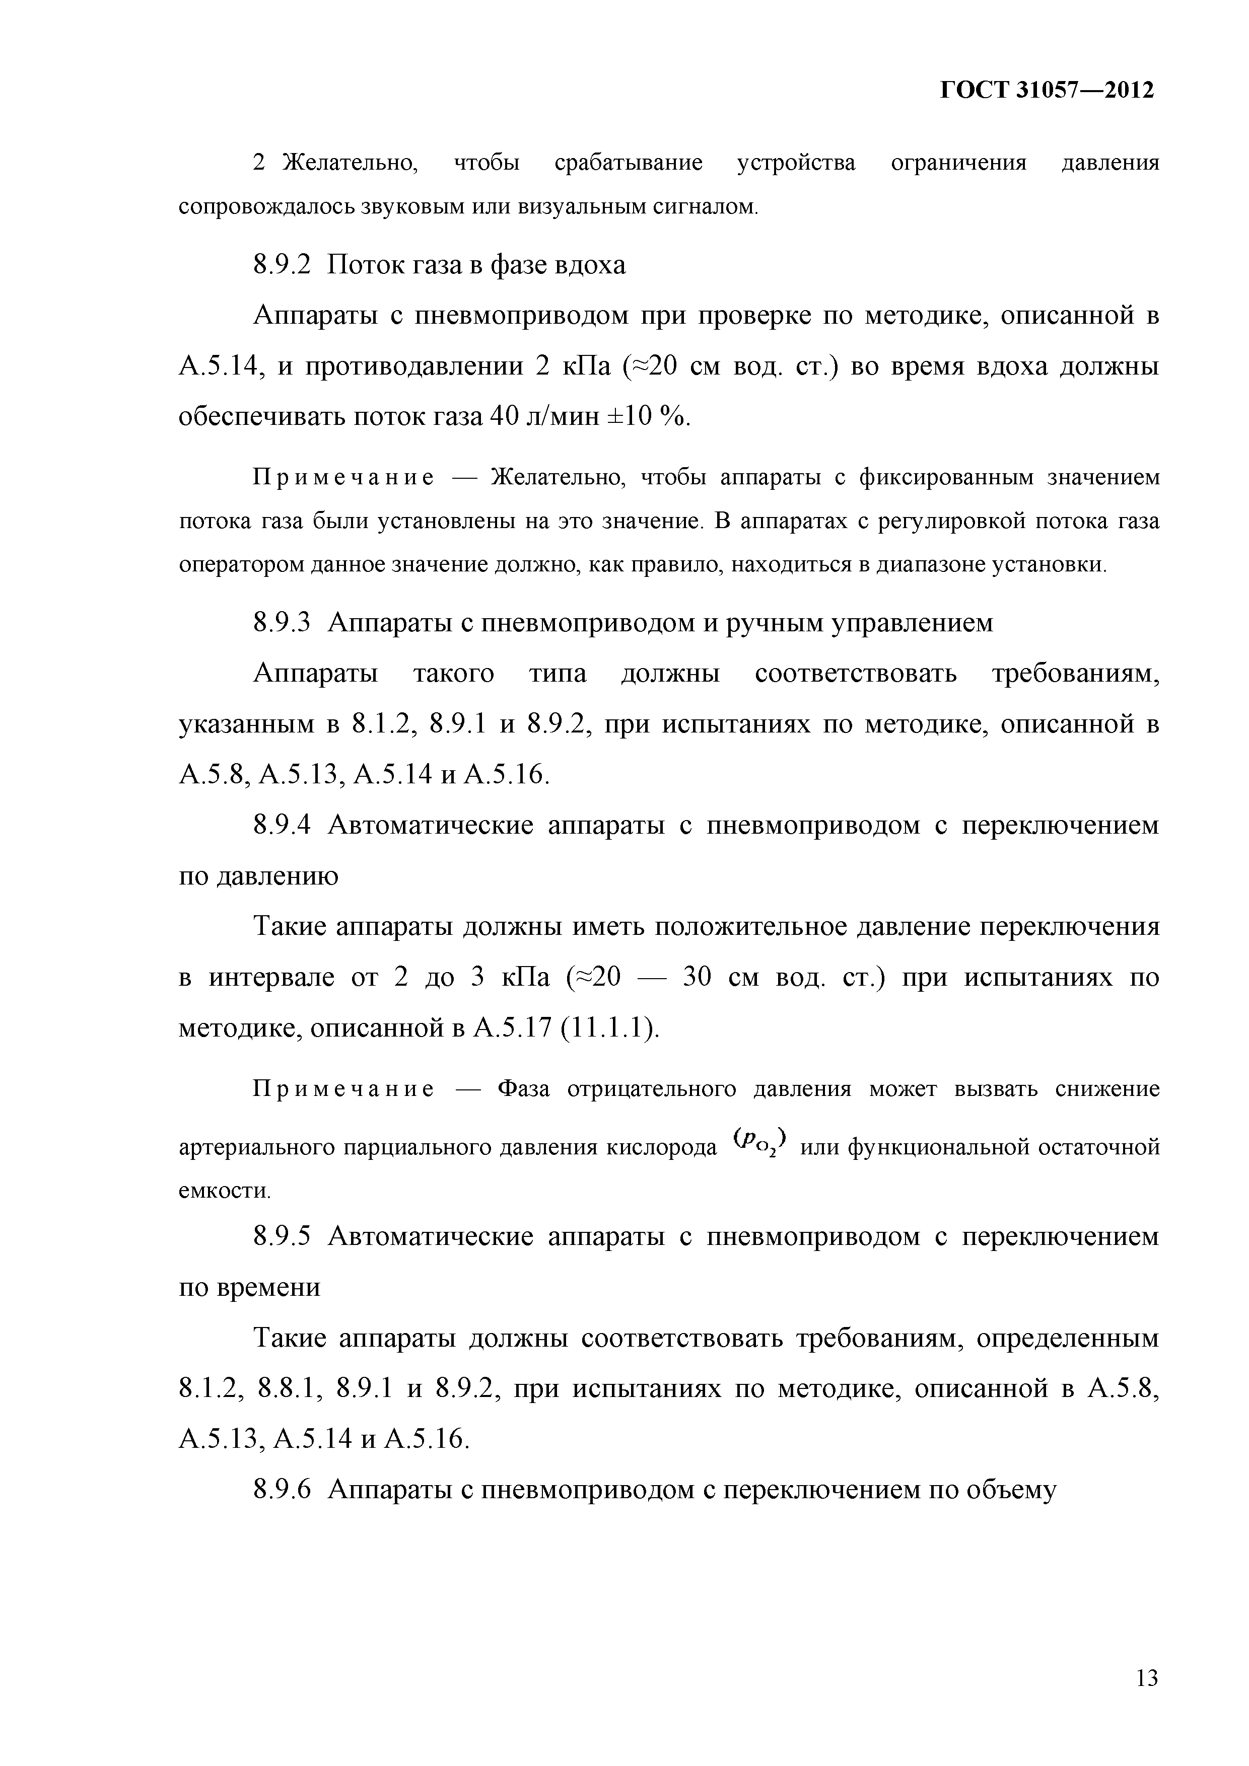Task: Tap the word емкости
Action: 224,1192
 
